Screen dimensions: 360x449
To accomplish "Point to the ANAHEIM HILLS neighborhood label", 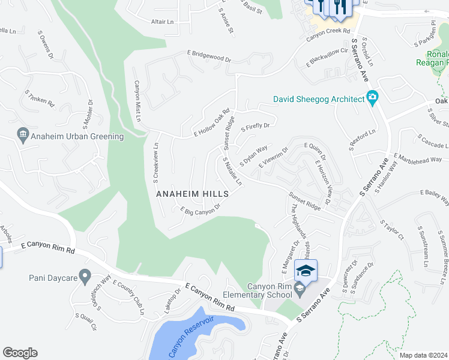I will tap(192, 194).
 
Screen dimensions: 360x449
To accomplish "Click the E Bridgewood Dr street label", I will tap(208, 56).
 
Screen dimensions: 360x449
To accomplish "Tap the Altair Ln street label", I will tap(161, 21).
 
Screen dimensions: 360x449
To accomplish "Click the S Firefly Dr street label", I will tap(255, 126).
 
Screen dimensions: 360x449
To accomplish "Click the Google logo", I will tap(20, 353).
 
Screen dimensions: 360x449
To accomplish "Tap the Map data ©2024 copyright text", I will tap(424, 355).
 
